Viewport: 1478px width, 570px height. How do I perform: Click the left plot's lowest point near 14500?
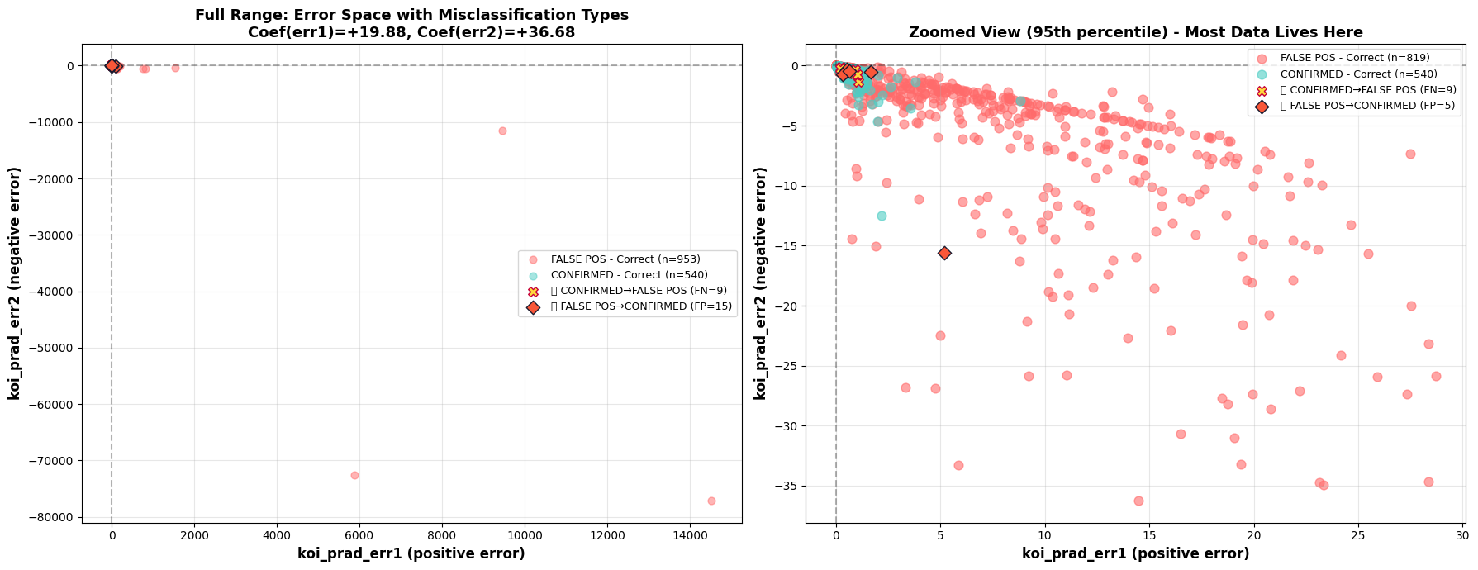(x=711, y=501)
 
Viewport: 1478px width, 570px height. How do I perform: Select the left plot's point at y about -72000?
(x=354, y=475)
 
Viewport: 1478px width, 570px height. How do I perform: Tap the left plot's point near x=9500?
(x=502, y=131)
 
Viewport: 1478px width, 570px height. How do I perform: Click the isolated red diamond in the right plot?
(x=944, y=253)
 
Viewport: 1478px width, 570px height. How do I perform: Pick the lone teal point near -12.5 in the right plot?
(x=882, y=216)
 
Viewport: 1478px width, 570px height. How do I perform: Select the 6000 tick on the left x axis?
(x=359, y=535)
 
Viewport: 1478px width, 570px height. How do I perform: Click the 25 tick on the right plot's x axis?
(x=1358, y=535)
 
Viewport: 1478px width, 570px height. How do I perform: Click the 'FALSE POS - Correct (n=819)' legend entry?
(x=1355, y=58)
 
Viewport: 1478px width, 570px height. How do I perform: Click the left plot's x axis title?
(x=411, y=553)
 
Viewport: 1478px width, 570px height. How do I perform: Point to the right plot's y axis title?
(x=761, y=283)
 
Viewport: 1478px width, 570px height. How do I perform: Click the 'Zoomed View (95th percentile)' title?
(x=1135, y=32)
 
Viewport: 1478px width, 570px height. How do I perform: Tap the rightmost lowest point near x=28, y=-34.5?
(x=1428, y=482)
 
